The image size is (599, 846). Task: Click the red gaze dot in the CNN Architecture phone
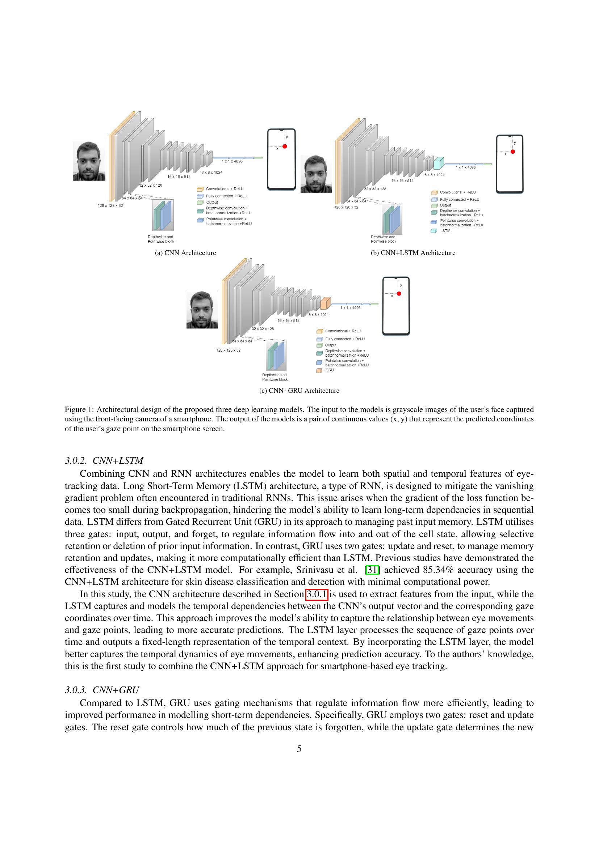coord(285,146)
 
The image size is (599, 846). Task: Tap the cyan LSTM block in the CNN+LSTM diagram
coord(438,163)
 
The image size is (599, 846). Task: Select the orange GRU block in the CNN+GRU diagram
coord(325,303)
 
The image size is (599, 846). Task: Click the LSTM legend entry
coord(445,231)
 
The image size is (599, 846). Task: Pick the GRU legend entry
coord(329,370)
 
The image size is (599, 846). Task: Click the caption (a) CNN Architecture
coord(185,253)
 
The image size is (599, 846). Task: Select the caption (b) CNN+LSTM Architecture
coord(413,253)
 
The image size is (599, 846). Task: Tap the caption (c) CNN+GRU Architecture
coord(299,391)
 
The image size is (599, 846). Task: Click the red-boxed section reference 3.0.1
coord(317,594)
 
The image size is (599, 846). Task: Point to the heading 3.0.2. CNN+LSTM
coord(104,460)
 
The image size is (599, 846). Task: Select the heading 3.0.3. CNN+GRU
coord(102,690)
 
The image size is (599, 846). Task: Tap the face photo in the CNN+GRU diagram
coord(202,310)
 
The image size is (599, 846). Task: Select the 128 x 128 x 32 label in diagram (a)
coord(110,205)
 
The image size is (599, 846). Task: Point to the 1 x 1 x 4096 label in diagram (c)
coord(351,308)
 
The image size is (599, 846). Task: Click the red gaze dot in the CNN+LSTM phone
coord(513,152)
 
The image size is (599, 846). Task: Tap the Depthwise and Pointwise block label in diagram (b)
coord(383,239)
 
